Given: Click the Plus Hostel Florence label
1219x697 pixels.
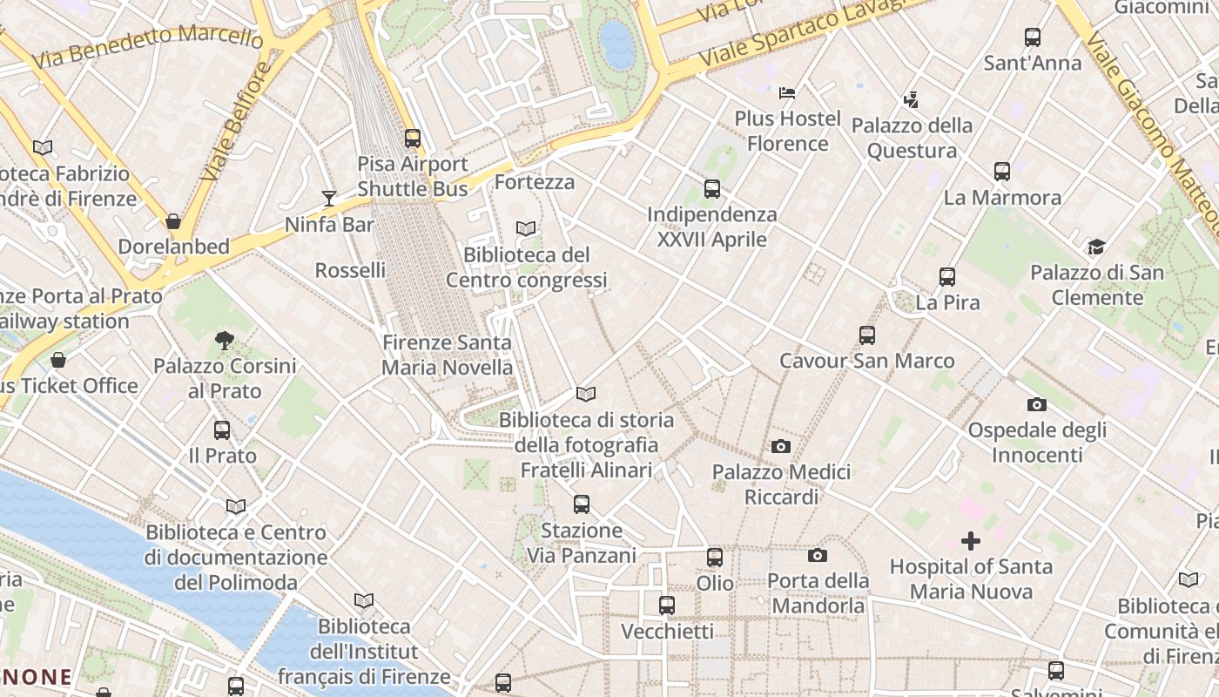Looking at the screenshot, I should point(787,131).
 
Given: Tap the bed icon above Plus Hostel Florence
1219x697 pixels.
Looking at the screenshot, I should point(787,92).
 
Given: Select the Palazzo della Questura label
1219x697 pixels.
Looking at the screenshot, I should point(912,138).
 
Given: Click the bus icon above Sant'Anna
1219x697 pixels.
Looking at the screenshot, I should point(1033,37).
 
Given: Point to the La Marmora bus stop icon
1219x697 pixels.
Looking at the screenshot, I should point(1002,172).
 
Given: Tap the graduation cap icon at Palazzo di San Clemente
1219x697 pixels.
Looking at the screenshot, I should point(1096,247).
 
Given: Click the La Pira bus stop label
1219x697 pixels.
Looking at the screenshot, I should point(947,303).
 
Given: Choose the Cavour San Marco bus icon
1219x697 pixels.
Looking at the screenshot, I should point(866,335).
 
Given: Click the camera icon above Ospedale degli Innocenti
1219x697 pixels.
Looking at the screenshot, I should point(1036,404).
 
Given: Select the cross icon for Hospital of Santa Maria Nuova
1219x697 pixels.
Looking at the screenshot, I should point(970,541).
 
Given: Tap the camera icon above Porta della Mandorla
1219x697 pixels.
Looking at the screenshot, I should point(817,555).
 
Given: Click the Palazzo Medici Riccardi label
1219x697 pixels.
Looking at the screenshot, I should point(781,484).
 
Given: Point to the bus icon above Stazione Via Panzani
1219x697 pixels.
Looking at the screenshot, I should point(581,504).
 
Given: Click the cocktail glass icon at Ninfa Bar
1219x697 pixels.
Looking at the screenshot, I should point(329,199).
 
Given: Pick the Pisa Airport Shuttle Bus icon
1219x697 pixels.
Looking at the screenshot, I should point(413,139).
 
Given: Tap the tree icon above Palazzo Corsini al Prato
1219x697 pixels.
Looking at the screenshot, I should point(225,341).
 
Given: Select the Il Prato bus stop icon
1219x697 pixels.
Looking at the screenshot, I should point(222,430).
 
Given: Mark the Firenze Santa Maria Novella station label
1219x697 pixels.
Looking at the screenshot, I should point(448,355).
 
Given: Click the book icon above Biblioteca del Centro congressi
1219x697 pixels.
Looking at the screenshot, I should point(526,229).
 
